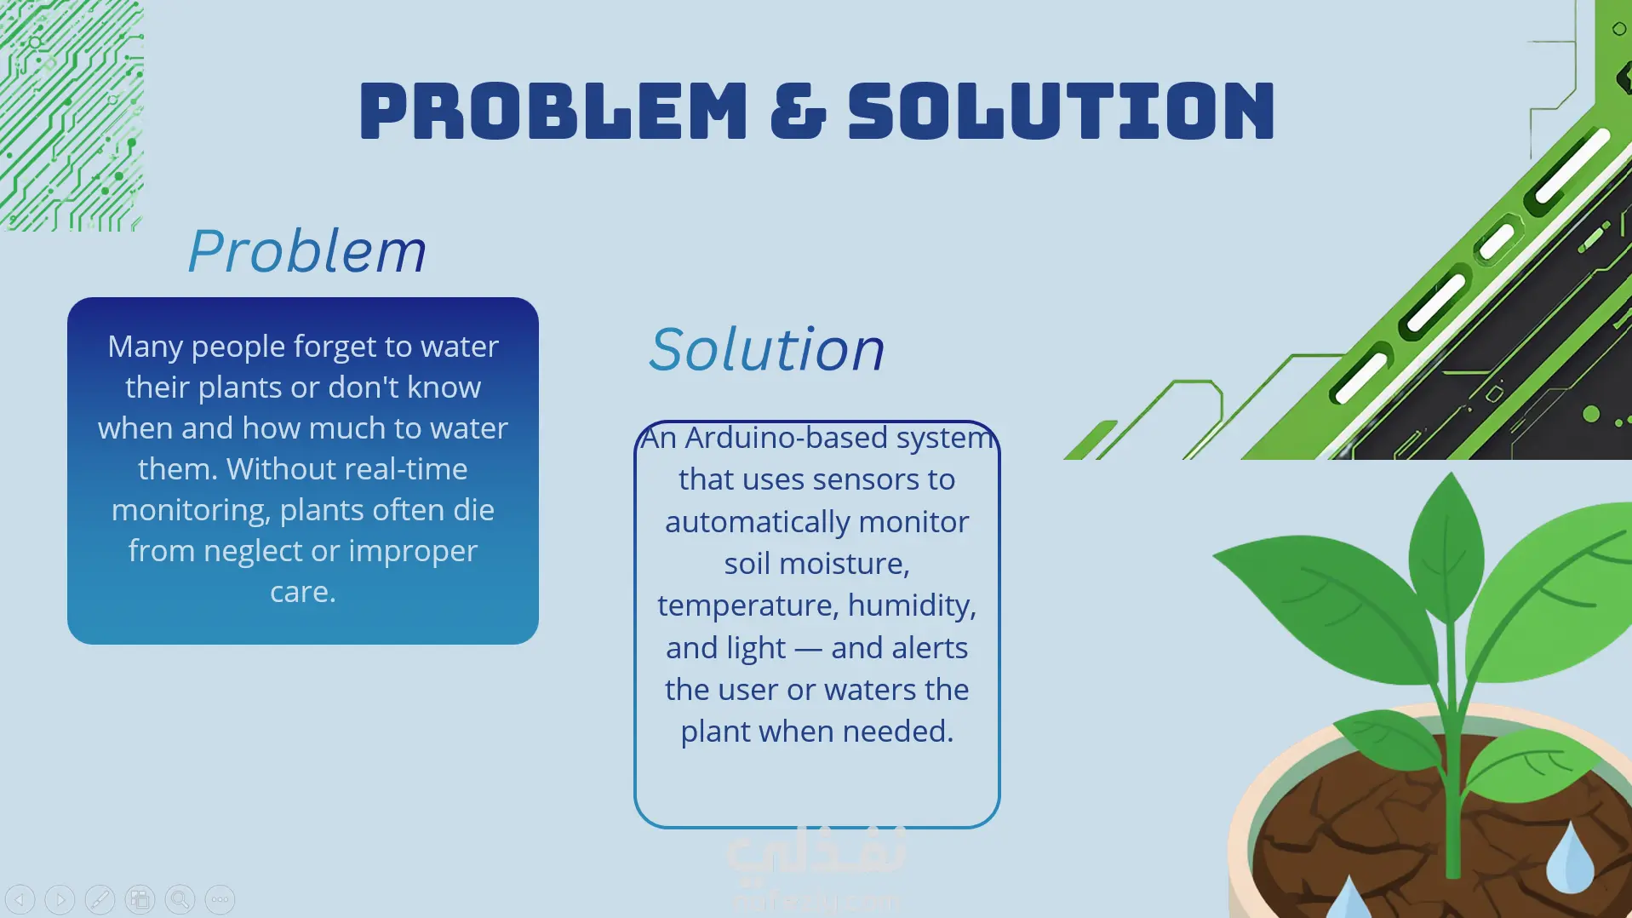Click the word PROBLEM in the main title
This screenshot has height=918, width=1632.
point(553,111)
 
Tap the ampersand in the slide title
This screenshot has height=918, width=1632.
point(798,111)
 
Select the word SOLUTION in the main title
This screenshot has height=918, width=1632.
point(1062,111)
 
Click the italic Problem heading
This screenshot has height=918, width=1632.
point(306,251)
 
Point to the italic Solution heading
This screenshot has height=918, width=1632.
point(767,349)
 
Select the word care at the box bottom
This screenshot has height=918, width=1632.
point(301,592)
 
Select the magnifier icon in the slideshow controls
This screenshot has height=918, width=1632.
point(180,899)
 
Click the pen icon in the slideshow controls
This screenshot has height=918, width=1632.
point(100,899)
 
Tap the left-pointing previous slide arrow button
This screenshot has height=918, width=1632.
point(20,899)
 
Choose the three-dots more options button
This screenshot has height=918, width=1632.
point(220,899)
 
